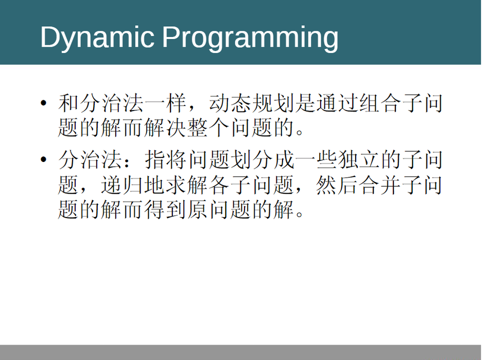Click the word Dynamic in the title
click(97, 38)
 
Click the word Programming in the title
click(250, 38)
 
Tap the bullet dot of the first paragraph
click(44, 103)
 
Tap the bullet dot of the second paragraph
click(44, 159)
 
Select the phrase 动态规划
click(252, 103)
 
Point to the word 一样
click(166, 103)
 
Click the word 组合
click(380, 103)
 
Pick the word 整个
click(208, 128)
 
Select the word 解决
click(166, 128)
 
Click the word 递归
click(123, 185)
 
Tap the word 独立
click(359, 159)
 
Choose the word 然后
click(338, 185)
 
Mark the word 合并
click(380, 185)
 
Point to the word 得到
click(166, 209)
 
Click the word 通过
click(338, 103)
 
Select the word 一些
click(316, 159)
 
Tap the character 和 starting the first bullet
click(68, 103)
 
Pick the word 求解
click(187, 185)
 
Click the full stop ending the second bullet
click(300, 214)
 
